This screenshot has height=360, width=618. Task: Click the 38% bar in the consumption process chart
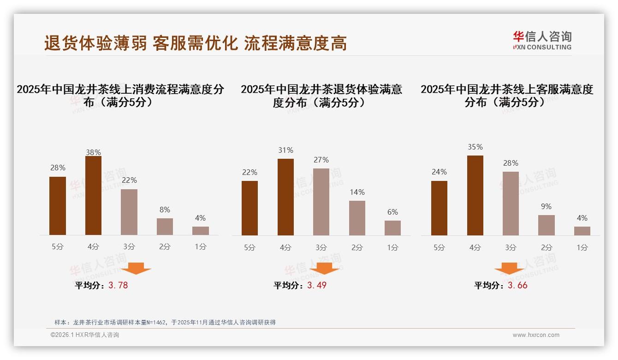(93, 196)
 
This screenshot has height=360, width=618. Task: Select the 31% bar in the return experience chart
(285, 197)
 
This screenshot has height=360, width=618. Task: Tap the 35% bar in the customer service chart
(475, 196)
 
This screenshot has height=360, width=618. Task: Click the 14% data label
(357, 192)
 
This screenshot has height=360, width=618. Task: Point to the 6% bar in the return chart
(392, 228)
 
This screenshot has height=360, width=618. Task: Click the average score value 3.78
(118, 285)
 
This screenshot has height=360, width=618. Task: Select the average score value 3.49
(317, 285)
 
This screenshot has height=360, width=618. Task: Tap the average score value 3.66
(517, 285)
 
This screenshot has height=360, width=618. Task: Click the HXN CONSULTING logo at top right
(542, 40)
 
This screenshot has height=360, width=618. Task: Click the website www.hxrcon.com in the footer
(536, 335)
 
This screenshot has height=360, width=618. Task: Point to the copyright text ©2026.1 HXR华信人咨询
(85, 335)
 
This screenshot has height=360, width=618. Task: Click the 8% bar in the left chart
(165, 227)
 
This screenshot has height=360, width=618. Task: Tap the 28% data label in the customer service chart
(511, 163)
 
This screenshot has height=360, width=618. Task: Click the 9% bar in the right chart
(547, 225)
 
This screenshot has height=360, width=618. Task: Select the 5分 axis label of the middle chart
(250, 247)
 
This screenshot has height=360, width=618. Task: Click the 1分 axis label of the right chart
(582, 247)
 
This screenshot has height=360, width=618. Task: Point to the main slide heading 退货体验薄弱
(95, 43)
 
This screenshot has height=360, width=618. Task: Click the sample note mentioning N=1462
(165, 322)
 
